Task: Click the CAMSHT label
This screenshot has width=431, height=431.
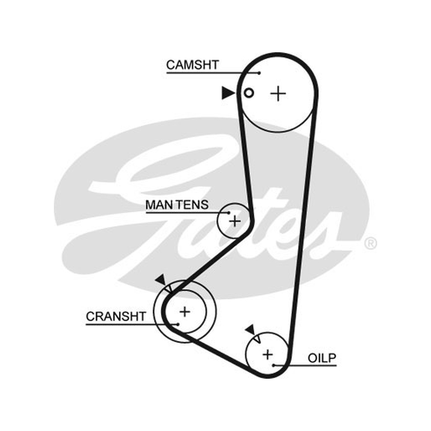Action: [192, 65]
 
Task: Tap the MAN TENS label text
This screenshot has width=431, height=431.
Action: [177, 205]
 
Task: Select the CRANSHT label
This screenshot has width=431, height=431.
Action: [116, 316]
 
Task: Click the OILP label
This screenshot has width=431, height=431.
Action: [322, 358]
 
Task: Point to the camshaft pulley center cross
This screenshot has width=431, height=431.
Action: [278, 94]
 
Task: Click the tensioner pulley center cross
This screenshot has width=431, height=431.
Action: [235, 221]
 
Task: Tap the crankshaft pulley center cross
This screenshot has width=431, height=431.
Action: [185, 312]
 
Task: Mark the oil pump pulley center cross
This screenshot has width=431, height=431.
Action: [267, 354]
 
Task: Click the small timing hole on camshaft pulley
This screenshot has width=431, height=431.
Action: [249, 93]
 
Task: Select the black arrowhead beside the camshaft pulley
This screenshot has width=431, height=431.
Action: [228, 93]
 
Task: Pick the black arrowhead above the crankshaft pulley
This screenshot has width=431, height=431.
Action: [161, 280]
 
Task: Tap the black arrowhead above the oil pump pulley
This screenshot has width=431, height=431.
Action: [251, 329]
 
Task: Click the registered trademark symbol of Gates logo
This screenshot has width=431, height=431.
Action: [371, 244]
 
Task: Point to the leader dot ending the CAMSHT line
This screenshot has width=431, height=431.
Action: [259, 73]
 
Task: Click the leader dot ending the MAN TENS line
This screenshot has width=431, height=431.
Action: [228, 212]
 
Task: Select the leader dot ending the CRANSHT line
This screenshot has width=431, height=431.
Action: [178, 324]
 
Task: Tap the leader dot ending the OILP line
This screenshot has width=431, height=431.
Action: [274, 365]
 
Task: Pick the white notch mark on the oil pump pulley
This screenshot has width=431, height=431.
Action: [258, 339]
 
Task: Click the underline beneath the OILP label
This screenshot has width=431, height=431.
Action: [305, 366]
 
